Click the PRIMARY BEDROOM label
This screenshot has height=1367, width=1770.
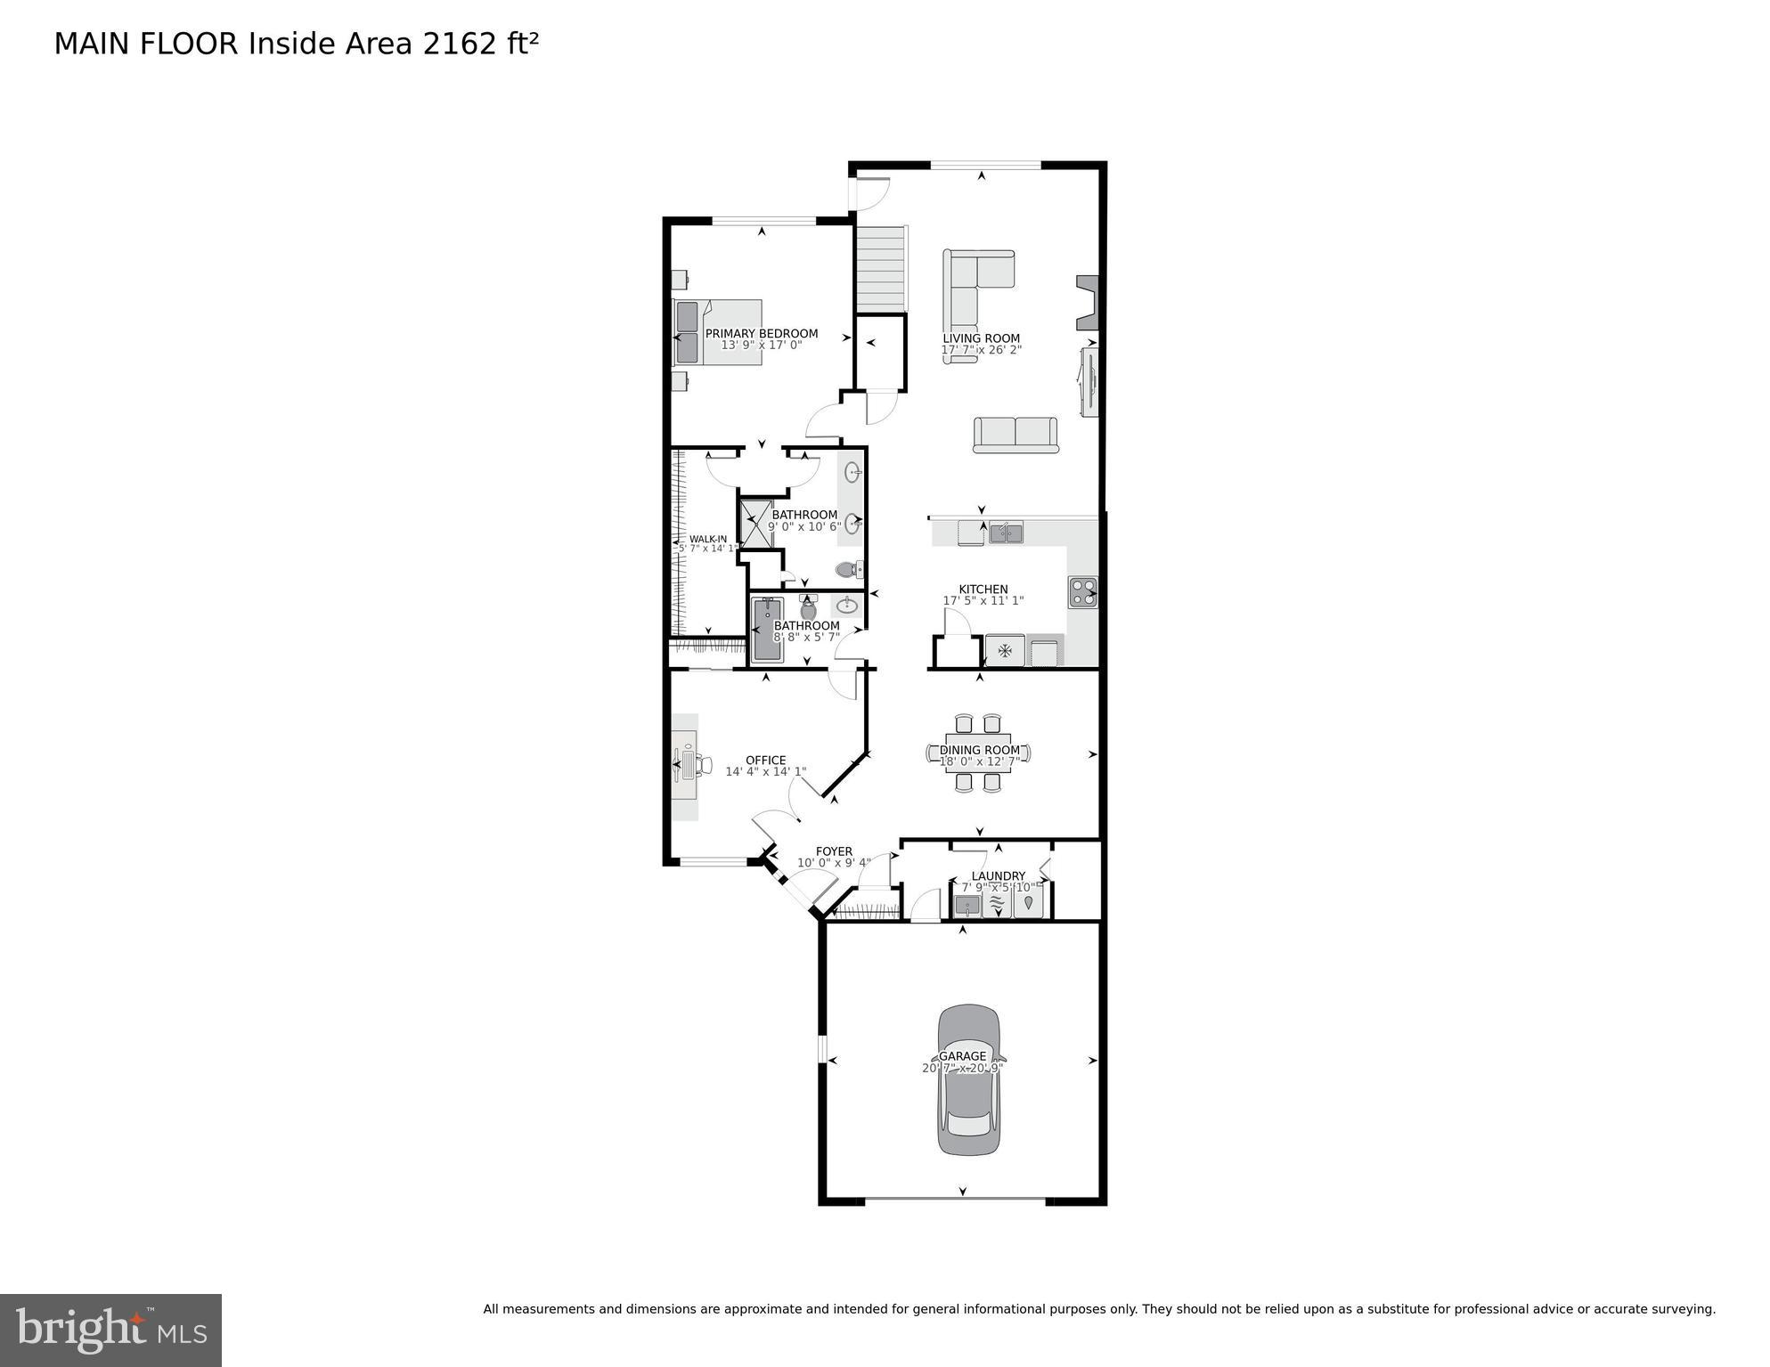[x=761, y=334]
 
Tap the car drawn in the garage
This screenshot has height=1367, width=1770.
[x=967, y=1079]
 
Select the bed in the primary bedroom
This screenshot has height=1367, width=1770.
[x=718, y=332]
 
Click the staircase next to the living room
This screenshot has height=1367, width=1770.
[x=880, y=268]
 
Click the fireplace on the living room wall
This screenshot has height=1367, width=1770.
[x=1089, y=302]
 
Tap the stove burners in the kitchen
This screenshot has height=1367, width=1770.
[x=1082, y=592]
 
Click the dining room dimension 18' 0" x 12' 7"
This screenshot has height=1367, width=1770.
[x=979, y=762]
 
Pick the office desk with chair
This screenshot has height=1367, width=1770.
[x=688, y=765]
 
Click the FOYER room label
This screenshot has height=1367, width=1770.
[x=834, y=851]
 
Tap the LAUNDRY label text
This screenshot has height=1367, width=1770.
[x=998, y=876]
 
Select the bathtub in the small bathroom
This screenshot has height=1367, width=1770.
[x=767, y=630]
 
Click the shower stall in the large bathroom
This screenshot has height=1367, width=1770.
[x=756, y=523]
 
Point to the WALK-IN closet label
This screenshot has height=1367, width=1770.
[x=708, y=539]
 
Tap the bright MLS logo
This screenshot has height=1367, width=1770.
[x=110, y=1330]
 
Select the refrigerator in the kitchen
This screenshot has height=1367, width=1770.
[x=1005, y=650]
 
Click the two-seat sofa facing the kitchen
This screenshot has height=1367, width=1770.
[x=1016, y=435]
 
